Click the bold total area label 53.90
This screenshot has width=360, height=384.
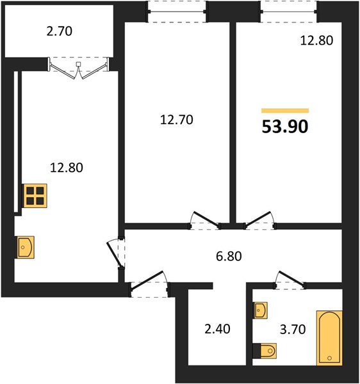pos(285,127)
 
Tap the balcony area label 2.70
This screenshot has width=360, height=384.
pos(60,31)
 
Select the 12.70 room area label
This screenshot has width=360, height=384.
pos(176,120)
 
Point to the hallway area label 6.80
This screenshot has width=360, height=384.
pos(229,256)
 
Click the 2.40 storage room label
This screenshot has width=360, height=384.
pos(217,329)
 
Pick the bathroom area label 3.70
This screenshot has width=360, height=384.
pos(293,330)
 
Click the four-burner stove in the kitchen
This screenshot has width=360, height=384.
pos(35,196)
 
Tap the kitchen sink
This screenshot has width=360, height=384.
pos(25,247)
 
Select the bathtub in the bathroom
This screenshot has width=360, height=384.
pos(329,338)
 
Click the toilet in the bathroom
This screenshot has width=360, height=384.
pos(265,351)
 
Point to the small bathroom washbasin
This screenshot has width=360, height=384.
pos(260,310)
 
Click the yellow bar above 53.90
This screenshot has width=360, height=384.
pos(285,111)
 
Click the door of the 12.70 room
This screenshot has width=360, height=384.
pos(204,220)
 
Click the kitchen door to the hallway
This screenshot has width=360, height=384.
pos(116,253)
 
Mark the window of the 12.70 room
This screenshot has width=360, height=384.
pos(177,12)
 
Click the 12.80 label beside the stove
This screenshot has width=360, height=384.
pos(67,168)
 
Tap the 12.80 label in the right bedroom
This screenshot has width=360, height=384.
pos(316,40)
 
